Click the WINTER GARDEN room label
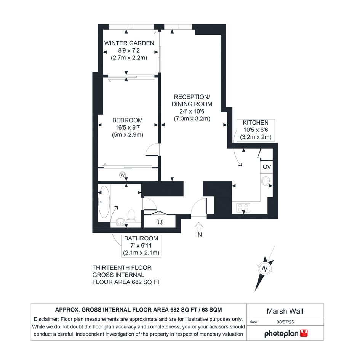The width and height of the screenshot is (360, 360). pos(129,43)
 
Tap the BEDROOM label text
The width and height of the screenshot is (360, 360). pos(127,120)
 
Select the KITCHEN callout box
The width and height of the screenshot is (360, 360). pos(256,130)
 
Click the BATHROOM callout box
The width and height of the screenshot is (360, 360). pos(141,246)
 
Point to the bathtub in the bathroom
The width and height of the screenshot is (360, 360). pos(104,202)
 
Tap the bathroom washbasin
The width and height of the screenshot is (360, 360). pos(120,222)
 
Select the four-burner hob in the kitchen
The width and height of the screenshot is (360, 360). pos(243,208)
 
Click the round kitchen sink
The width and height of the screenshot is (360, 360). pos(266,181)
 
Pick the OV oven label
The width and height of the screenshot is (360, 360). pos(267,167)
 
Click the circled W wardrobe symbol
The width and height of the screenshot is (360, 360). pos(122,175)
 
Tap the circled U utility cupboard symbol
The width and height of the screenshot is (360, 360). pos(160,222)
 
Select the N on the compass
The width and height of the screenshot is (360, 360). pos(265,269)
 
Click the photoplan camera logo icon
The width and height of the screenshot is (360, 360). pos(304,333)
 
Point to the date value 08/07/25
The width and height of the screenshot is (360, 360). pos(285,322)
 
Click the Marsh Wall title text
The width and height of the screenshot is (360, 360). pos(285,311)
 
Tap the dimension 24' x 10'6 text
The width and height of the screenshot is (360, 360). pos(192,111)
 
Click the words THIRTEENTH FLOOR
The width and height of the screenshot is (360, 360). pos(122,268)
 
